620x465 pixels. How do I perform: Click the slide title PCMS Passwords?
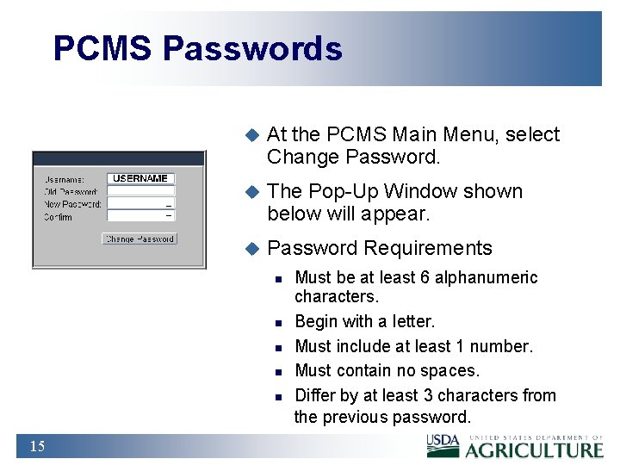click(197, 48)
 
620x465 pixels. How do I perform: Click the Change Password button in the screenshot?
click(139, 239)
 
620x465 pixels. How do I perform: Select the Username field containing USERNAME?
click(140, 178)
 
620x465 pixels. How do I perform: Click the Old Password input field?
click(140, 191)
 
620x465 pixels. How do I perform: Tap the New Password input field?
click(140, 204)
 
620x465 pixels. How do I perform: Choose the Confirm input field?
click(140, 217)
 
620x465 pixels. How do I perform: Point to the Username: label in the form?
click(64, 179)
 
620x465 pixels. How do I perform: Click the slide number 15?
click(37, 446)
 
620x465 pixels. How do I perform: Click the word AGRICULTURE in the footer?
click(535, 449)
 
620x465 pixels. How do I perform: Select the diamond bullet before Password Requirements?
click(251, 249)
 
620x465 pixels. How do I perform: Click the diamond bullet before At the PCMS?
click(251, 135)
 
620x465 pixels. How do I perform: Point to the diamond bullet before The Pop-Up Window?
click(251, 192)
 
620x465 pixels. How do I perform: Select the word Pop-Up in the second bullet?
click(343, 191)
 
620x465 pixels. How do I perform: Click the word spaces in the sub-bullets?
click(452, 371)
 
